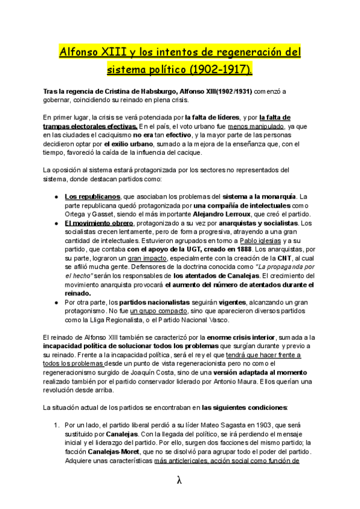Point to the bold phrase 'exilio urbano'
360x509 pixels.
pyautogui.click(x=130, y=144)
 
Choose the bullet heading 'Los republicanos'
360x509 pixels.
pyautogui.click(x=92, y=196)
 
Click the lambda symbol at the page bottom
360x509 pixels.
pyautogui.click(x=179, y=480)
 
